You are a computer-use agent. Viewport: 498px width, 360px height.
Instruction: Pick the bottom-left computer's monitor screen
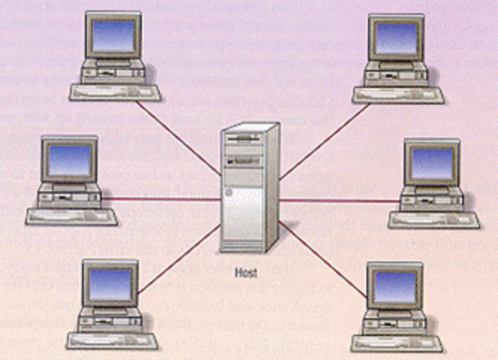click(x=109, y=285)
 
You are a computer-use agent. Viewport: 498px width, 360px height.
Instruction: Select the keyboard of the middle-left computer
click(x=72, y=215)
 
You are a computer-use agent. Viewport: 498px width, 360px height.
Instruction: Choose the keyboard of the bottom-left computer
click(x=112, y=340)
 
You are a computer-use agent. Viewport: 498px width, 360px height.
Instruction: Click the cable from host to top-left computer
click(x=179, y=132)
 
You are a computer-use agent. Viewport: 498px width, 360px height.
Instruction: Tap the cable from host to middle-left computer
click(x=163, y=199)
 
